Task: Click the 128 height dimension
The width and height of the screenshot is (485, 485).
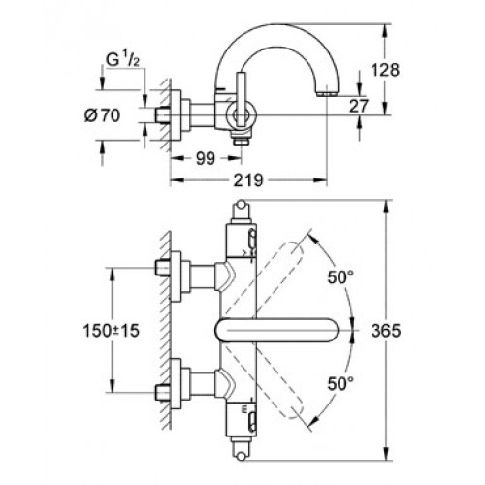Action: click(385, 70)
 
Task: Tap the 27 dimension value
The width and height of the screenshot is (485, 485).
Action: click(359, 106)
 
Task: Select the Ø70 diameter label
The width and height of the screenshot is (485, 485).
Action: click(102, 115)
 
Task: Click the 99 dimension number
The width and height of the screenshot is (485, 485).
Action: click(206, 158)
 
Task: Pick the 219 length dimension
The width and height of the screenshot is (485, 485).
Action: click(248, 180)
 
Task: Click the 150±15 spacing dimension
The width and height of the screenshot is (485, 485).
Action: click(112, 331)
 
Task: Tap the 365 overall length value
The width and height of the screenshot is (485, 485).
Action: click(386, 331)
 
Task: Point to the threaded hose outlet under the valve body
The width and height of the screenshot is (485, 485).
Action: click(240, 140)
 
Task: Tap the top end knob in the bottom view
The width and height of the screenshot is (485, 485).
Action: click(241, 205)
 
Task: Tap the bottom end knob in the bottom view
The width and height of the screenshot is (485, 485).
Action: click(241, 456)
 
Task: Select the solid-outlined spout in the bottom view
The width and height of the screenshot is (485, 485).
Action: click(276, 330)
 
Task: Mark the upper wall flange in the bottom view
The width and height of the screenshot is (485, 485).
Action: click(177, 276)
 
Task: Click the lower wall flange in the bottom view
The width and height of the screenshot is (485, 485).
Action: click(177, 384)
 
